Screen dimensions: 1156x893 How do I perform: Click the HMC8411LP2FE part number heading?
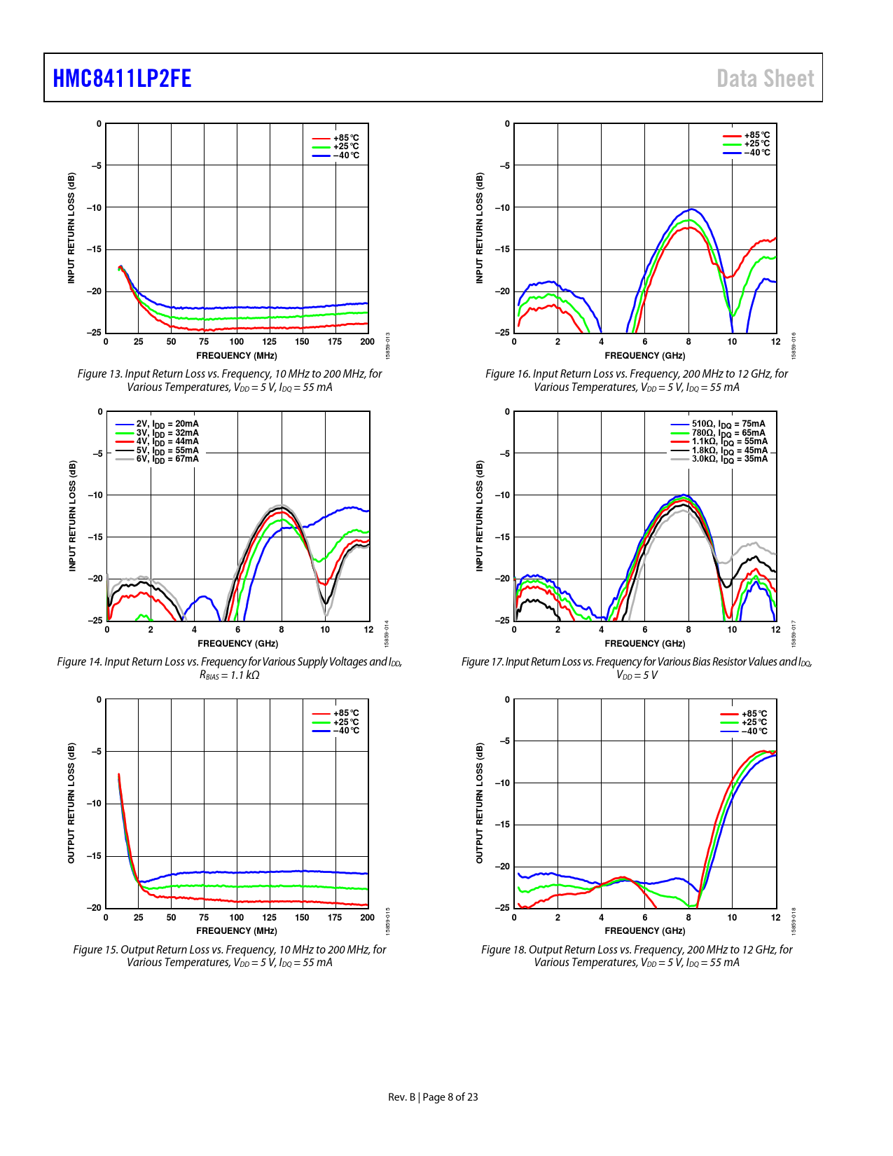122,78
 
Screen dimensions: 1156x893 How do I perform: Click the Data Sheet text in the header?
765,78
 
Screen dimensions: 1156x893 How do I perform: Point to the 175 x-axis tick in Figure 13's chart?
335,342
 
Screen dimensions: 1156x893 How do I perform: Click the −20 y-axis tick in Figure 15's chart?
94,908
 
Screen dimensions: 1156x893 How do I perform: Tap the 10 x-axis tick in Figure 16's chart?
732,342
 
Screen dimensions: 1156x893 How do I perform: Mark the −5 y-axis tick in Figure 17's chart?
504,453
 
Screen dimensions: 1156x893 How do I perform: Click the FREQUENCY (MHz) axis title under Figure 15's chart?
237,931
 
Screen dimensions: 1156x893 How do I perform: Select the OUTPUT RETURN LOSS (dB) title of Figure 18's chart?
480,803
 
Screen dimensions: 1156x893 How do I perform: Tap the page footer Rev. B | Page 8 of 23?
433,1097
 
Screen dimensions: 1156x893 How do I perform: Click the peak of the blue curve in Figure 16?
692,209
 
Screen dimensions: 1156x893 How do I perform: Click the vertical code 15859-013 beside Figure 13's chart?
388,346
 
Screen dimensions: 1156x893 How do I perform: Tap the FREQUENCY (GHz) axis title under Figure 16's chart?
645,356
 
